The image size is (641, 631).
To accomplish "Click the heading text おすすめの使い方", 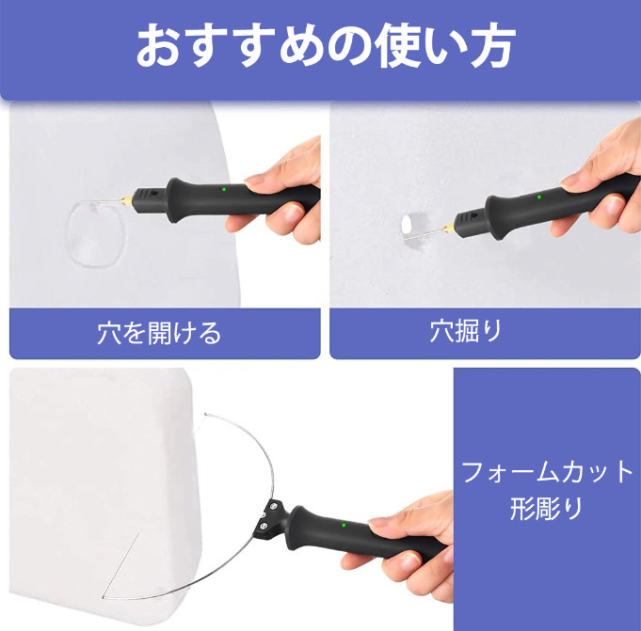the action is (326, 44).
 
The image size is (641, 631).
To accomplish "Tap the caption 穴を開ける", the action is (159, 333).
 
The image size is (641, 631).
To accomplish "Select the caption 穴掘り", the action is (466, 331).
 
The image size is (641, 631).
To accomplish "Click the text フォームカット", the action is (547, 472).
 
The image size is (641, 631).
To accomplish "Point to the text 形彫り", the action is (546, 509).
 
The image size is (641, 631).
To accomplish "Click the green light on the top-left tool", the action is (223, 190).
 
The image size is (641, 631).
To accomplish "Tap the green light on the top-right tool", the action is (539, 197).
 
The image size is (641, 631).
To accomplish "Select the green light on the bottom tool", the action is (344, 526).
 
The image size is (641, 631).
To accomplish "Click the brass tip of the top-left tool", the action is (127, 200).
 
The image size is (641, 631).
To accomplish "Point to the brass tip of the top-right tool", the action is (449, 227).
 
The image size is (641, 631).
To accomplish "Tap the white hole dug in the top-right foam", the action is (407, 224).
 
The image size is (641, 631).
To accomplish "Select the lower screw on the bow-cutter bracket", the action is (264, 525).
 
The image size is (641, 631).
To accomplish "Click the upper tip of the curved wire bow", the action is (205, 415).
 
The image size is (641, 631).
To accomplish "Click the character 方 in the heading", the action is (492, 45).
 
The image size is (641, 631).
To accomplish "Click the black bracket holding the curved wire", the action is (269, 516).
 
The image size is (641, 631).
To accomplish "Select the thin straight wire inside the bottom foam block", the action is (120, 566).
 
